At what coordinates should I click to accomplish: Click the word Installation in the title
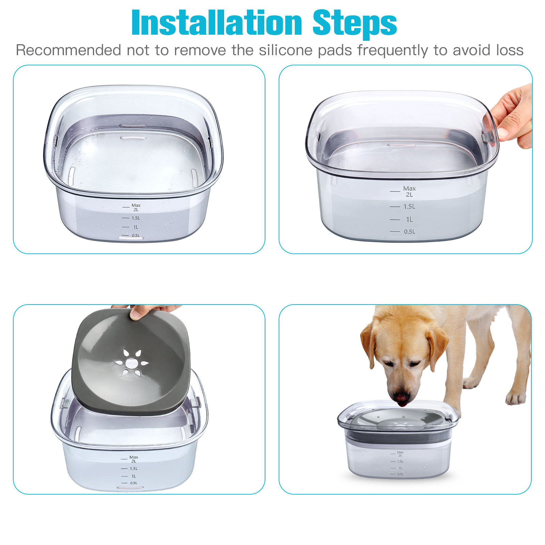(217, 22)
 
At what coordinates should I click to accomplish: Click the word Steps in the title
(355, 23)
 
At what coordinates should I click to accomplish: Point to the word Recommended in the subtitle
(68, 50)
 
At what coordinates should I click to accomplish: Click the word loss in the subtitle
(510, 50)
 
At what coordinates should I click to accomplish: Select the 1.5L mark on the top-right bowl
(409, 206)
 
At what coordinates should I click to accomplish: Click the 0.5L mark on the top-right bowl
(409, 232)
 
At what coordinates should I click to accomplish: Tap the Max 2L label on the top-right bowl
(409, 191)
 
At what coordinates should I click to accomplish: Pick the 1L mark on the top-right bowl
(409, 219)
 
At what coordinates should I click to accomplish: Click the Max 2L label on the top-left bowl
(136, 207)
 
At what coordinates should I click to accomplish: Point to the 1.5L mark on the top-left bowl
(136, 218)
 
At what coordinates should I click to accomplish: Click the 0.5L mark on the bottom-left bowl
(134, 483)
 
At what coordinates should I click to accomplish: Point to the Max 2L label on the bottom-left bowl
(134, 459)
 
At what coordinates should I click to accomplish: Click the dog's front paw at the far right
(515, 398)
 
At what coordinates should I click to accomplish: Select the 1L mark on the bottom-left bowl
(134, 476)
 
